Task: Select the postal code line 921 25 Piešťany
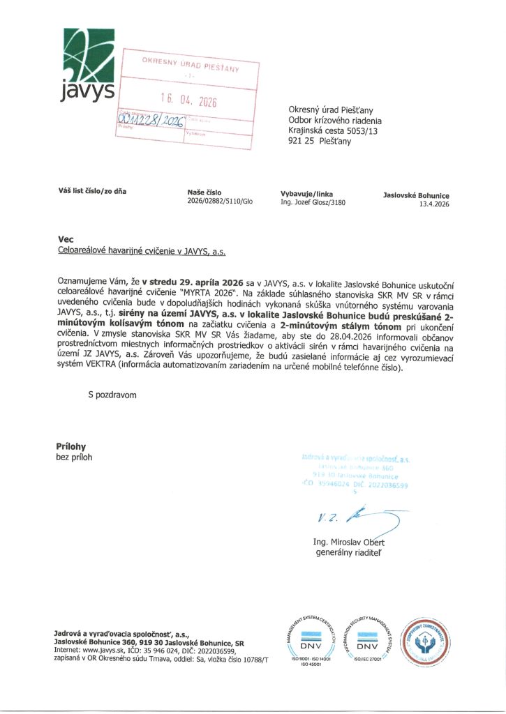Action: click(x=320, y=141)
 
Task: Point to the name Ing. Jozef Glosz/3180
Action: click(x=312, y=203)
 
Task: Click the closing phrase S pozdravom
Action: click(x=112, y=395)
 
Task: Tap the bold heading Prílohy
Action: click(x=70, y=446)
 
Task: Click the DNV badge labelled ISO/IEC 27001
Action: click(x=367, y=637)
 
